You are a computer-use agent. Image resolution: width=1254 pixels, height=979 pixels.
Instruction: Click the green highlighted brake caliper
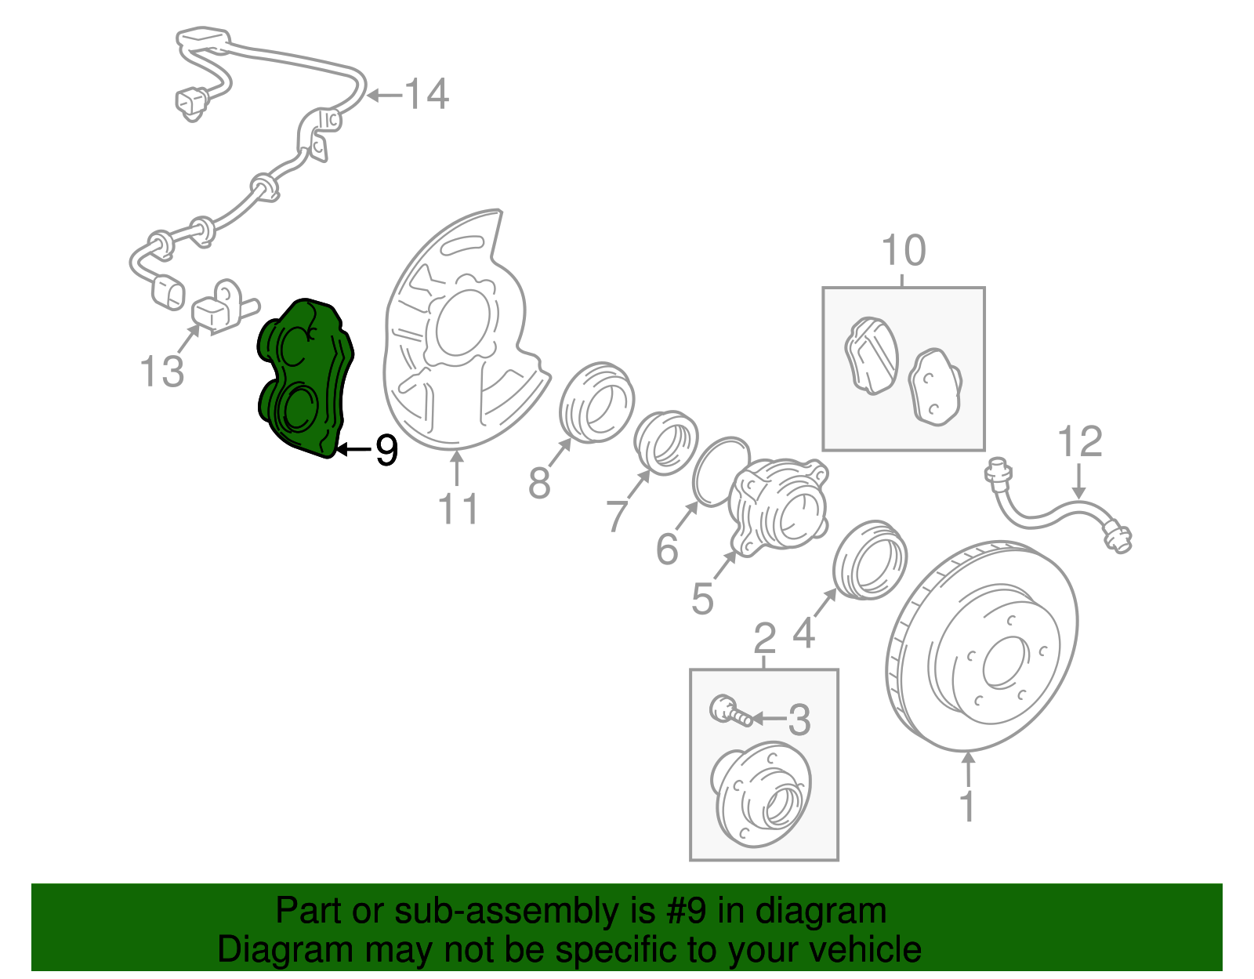[306, 376]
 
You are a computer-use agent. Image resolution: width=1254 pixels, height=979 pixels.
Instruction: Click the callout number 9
[386, 450]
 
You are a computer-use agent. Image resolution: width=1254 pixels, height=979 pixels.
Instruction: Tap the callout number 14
[426, 95]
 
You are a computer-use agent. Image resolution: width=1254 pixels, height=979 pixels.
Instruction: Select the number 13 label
[161, 371]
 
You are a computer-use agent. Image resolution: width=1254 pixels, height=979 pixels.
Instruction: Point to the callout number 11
[458, 509]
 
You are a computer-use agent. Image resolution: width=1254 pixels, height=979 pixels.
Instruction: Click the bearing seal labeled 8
[596, 401]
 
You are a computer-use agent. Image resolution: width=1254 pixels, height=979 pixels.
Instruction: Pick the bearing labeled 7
[665, 442]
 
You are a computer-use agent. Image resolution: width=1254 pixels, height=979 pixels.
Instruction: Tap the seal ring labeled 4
[869, 559]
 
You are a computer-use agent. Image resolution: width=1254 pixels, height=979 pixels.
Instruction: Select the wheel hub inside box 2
[760, 792]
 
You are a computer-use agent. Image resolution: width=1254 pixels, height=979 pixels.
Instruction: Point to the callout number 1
[969, 806]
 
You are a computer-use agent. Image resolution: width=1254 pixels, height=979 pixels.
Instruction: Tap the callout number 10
[904, 251]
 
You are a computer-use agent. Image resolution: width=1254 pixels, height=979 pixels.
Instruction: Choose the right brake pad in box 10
[934, 386]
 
